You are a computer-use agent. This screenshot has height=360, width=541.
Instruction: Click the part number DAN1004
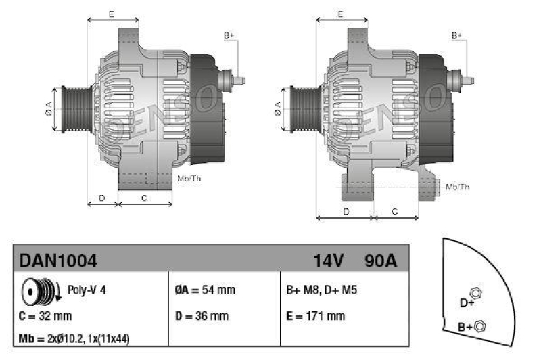tap(58, 260)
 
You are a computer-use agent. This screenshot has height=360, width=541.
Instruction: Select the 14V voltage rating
tap(329, 260)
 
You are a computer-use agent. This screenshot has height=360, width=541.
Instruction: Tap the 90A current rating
tap(381, 260)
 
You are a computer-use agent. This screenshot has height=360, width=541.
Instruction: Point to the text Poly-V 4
tap(87, 290)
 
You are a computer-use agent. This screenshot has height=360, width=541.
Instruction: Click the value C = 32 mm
tap(46, 316)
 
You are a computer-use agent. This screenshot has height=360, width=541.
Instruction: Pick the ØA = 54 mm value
tap(205, 290)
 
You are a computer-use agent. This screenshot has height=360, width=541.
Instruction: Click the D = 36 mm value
tap(202, 316)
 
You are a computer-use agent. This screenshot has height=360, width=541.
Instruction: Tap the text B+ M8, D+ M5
tap(322, 290)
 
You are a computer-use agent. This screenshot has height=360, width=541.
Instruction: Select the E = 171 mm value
tap(316, 316)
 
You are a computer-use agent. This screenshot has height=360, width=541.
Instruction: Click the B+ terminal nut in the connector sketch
tap(479, 327)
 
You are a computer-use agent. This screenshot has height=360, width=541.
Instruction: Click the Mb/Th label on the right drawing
tap(458, 186)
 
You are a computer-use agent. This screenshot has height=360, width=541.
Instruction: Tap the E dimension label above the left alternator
tap(110, 14)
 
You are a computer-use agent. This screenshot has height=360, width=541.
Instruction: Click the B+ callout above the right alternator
tap(457, 35)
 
